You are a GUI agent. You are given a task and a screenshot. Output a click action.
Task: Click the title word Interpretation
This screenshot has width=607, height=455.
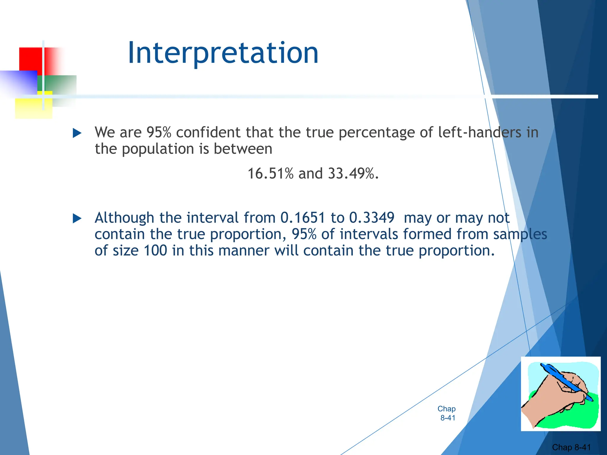pos(223,53)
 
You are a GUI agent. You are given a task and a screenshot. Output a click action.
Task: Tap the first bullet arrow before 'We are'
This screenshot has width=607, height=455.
pos(77,133)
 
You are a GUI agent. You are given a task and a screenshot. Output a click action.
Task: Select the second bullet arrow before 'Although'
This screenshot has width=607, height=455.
pos(77,219)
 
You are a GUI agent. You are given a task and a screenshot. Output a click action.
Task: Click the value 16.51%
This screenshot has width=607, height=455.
pos(270,174)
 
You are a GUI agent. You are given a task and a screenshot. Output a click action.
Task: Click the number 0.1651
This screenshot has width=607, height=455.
pos(303,218)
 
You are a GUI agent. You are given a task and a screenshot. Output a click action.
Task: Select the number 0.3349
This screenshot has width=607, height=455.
pos(372,218)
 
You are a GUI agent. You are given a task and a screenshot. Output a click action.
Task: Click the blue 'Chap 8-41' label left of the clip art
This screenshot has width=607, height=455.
pos(447,413)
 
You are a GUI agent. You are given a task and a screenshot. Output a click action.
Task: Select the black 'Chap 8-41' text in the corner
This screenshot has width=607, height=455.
pos(571,447)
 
